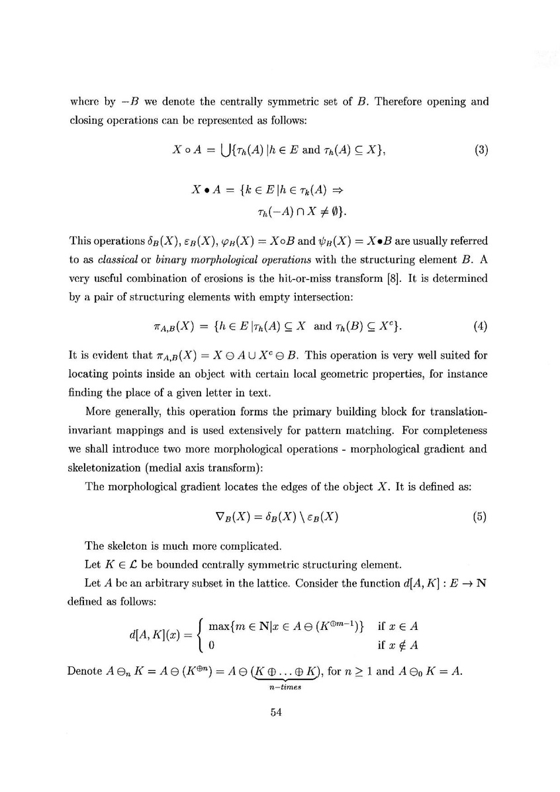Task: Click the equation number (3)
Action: point(481,150)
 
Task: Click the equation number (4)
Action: point(481,326)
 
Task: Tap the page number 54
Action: point(277,713)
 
